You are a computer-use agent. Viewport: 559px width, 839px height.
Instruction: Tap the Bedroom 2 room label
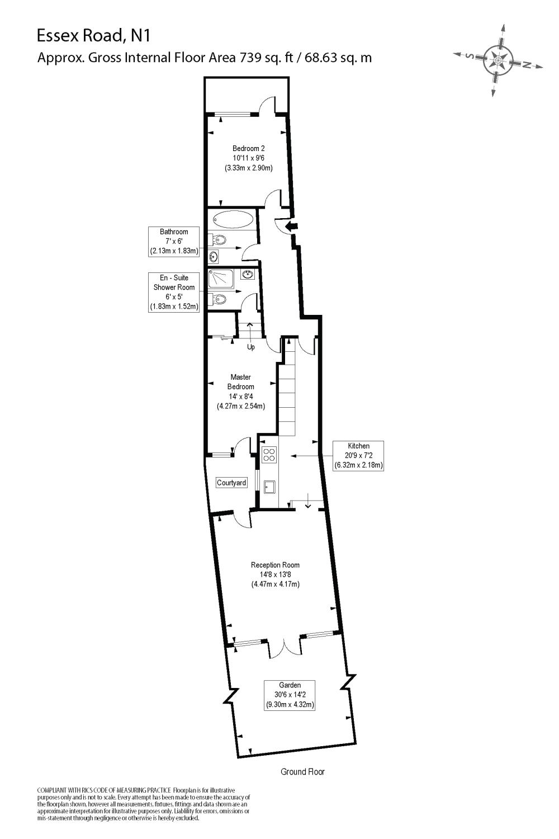click(x=248, y=149)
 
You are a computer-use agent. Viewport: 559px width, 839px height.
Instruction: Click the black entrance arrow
click(x=291, y=226)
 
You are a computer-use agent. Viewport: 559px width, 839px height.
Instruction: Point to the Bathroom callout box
click(x=174, y=242)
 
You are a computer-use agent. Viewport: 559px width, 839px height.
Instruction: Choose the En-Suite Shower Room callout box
click(x=174, y=292)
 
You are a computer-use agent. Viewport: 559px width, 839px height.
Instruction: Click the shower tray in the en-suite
click(x=222, y=279)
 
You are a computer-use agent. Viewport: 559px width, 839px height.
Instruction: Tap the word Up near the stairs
click(x=251, y=347)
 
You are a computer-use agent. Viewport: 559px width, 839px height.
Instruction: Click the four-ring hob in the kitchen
click(x=269, y=455)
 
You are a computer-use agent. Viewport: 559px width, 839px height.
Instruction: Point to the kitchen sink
click(x=269, y=487)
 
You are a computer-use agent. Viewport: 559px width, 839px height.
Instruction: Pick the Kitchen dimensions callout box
click(x=358, y=455)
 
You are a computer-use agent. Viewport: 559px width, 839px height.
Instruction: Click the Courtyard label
click(x=231, y=483)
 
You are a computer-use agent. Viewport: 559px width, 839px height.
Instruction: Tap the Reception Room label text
click(x=275, y=565)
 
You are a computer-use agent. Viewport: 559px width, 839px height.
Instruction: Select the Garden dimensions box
click(x=290, y=695)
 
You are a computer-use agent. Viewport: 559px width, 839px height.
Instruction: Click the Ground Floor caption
click(x=302, y=772)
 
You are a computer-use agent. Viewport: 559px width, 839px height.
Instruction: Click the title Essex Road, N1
click(x=93, y=36)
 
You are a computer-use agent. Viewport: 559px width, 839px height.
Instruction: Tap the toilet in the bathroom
click(x=219, y=241)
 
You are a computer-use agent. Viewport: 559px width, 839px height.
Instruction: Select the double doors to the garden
click(x=285, y=649)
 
